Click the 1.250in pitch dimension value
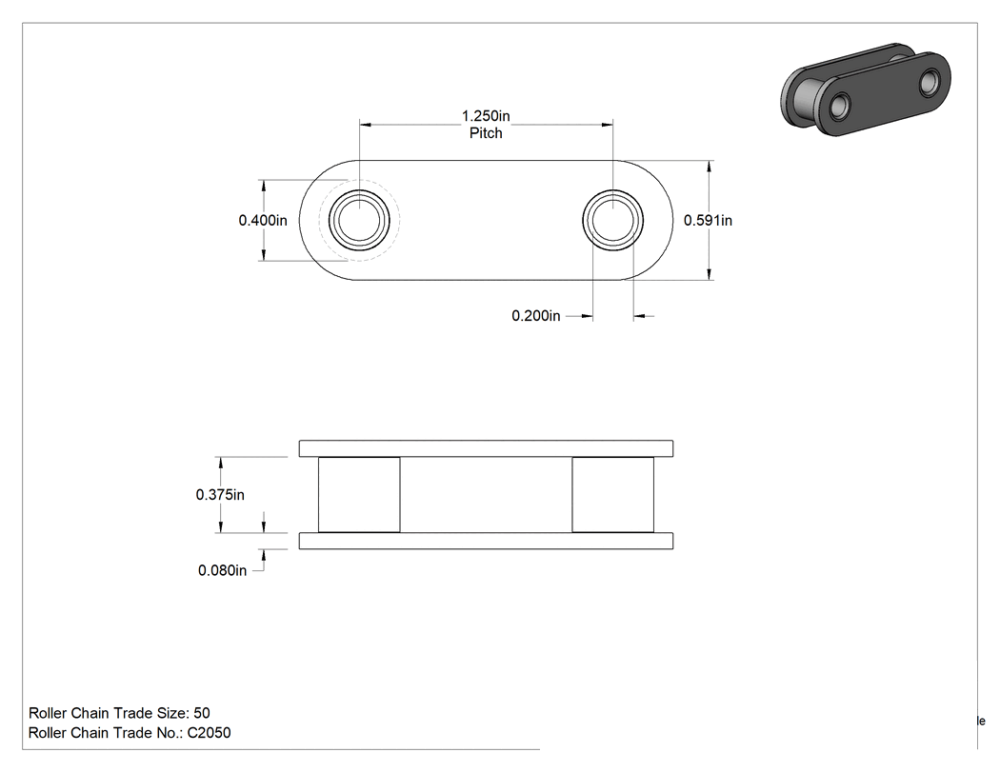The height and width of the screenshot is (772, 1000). coord(486,116)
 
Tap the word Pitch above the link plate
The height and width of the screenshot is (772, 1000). coord(486,133)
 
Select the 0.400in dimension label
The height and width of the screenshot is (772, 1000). coord(263,221)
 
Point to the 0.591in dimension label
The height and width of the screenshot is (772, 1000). coord(708,221)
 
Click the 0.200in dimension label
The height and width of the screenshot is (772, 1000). coord(535,315)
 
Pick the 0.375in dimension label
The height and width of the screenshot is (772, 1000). coord(220,495)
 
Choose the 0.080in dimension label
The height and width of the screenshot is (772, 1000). coord(222,570)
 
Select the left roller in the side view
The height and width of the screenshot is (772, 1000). coord(359,495)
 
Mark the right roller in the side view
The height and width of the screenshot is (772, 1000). coord(613,495)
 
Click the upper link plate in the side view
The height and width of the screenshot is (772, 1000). coord(486,448)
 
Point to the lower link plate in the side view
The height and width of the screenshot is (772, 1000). coord(486,541)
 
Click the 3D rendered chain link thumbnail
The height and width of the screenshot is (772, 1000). coord(866,89)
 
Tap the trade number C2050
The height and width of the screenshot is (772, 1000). coord(210,733)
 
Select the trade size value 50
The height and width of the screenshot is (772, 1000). coord(202,713)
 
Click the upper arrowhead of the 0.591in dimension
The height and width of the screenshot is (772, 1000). coord(710,167)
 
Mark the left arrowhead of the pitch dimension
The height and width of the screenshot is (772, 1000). coord(366,125)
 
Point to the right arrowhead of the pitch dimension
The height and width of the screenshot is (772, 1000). coord(606,125)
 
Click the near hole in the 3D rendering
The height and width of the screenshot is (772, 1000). coord(841,105)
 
